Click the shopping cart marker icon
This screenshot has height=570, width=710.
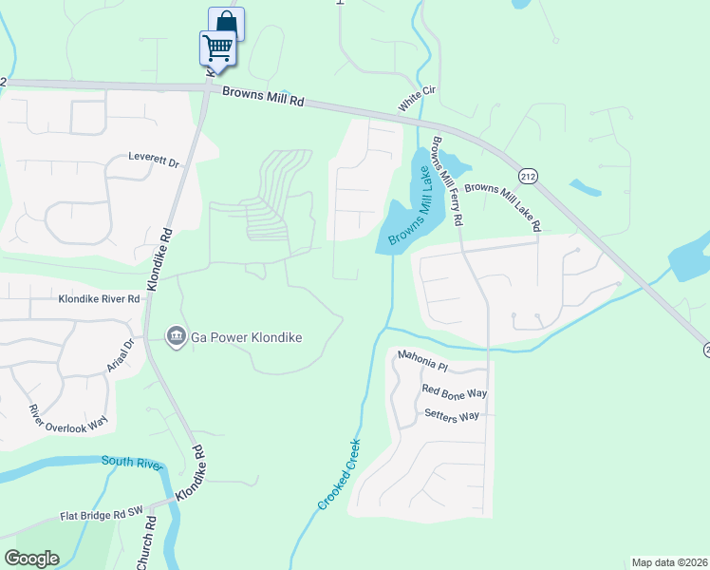[217, 47]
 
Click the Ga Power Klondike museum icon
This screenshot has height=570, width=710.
[176, 336]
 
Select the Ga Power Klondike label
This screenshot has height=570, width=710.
[246, 337]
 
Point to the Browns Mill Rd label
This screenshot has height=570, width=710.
[263, 95]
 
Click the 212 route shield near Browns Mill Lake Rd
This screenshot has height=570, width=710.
[529, 176]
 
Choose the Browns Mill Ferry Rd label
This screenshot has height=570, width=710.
[447, 181]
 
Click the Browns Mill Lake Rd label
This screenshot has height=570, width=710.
[502, 207]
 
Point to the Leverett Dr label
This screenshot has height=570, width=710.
[154, 161]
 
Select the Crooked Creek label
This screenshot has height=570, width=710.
[340, 473]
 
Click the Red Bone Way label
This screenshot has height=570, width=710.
[455, 391]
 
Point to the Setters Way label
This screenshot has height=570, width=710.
[453, 416]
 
